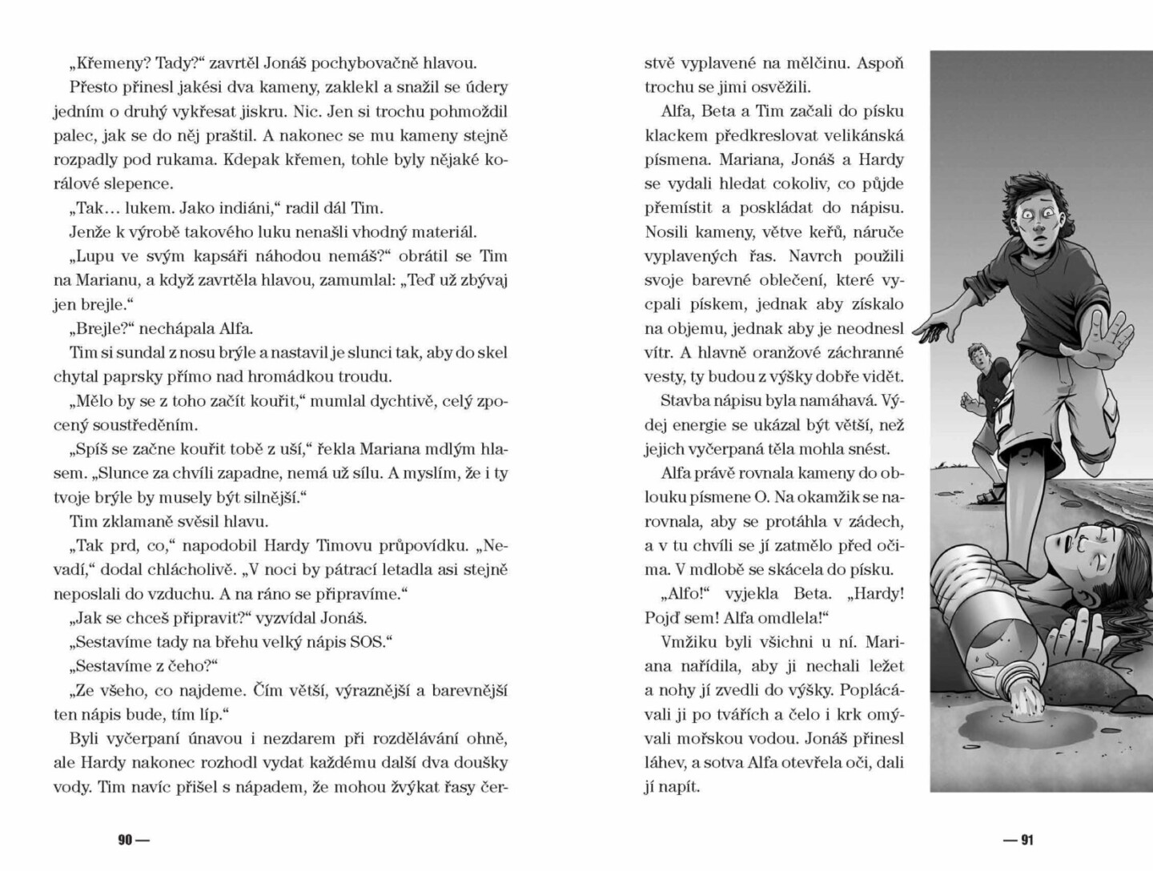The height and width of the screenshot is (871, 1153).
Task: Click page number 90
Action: click(125, 840)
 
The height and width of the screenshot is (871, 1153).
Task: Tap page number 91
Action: click(1027, 840)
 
